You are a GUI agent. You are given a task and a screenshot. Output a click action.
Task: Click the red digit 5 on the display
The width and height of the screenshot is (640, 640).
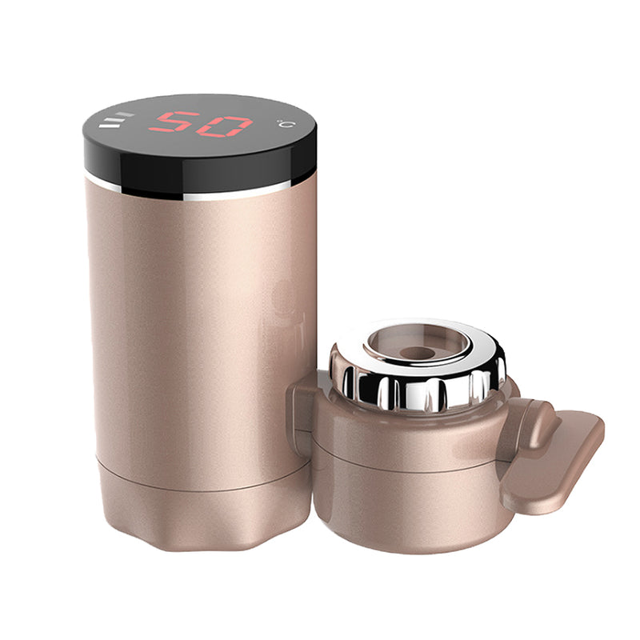pos(174,122)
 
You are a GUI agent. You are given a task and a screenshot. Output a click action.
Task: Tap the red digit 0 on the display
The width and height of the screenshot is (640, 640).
pos(225,126)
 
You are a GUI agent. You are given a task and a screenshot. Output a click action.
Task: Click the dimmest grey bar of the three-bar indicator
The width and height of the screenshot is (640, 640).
pos(125,114)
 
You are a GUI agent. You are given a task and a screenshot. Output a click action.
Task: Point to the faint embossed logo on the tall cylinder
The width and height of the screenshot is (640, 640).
pos(286,314)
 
